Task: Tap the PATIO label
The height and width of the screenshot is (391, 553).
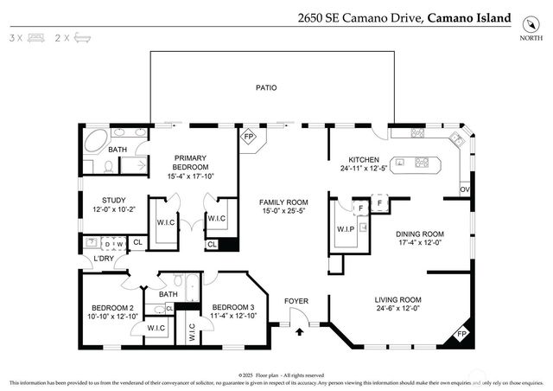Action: tap(265, 87)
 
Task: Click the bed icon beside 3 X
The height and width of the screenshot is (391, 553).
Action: tap(35, 39)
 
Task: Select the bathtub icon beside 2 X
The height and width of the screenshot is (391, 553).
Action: tap(83, 39)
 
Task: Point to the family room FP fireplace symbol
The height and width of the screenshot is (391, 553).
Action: tap(249, 138)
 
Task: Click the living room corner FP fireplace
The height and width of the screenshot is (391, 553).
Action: tap(461, 335)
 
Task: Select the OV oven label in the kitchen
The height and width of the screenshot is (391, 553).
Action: tap(465, 189)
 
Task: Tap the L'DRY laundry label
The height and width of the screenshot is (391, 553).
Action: tap(105, 259)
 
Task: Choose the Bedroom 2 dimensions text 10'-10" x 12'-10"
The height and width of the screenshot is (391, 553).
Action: tap(114, 317)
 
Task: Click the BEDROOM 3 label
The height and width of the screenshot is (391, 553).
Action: tap(233, 307)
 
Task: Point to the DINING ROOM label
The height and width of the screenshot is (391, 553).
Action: tap(419, 234)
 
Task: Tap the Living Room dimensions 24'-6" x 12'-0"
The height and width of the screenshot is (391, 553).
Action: tap(397, 308)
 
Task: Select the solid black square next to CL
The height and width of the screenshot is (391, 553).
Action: tap(228, 245)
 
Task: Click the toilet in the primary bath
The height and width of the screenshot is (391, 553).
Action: tap(108, 164)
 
